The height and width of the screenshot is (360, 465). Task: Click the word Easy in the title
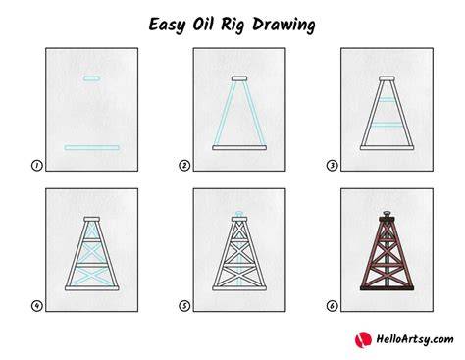(x=167, y=26)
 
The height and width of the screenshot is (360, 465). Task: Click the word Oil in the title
(x=203, y=24)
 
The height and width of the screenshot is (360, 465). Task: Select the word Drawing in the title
(x=284, y=26)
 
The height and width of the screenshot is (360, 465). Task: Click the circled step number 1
(x=37, y=166)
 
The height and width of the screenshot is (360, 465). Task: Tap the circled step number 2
(x=184, y=166)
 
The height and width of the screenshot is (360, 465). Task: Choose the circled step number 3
(x=332, y=166)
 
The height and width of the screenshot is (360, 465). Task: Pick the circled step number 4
(x=37, y=306)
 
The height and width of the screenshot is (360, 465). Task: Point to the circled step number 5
(x=184, y=306)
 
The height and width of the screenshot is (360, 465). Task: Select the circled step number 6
(x=332, y=306)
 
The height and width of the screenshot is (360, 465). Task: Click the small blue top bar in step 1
(x=91, y=78)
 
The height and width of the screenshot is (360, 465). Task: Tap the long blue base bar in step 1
(x=91, y=148)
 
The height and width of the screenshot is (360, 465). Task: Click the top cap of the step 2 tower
(x=239, y=78)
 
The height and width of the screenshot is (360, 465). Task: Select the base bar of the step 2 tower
(x=239, y=148)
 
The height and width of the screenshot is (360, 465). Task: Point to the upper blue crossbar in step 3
(x=387, y=99)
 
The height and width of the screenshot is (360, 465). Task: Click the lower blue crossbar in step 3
(x=387, y=125)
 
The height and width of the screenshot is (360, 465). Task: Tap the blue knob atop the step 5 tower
(x=239, y=214)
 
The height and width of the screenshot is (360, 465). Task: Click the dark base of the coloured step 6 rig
(x=387, y=288)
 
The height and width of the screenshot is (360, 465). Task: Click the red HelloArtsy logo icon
(x=363, y=339)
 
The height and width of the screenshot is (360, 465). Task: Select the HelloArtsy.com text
(x=415, y=339)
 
